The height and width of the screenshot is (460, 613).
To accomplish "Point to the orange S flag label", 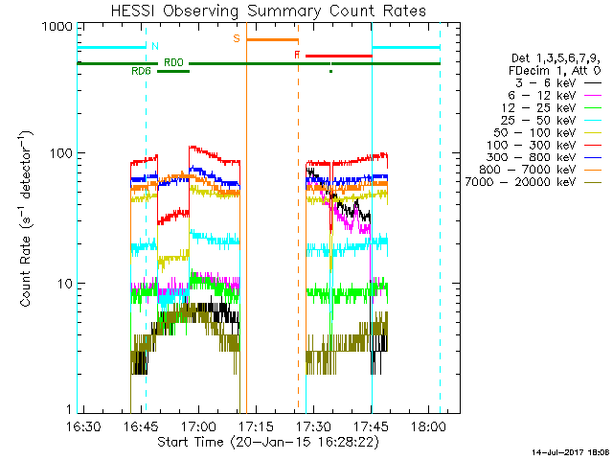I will click(x=236, y=38).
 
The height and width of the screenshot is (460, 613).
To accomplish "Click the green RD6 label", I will click(x=141, y=71).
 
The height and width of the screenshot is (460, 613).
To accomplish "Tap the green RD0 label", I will click(x=173, y=62).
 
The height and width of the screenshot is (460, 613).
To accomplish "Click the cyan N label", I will click(x=155, y=46).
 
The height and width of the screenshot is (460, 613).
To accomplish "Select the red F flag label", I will click(x=297, y=56).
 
